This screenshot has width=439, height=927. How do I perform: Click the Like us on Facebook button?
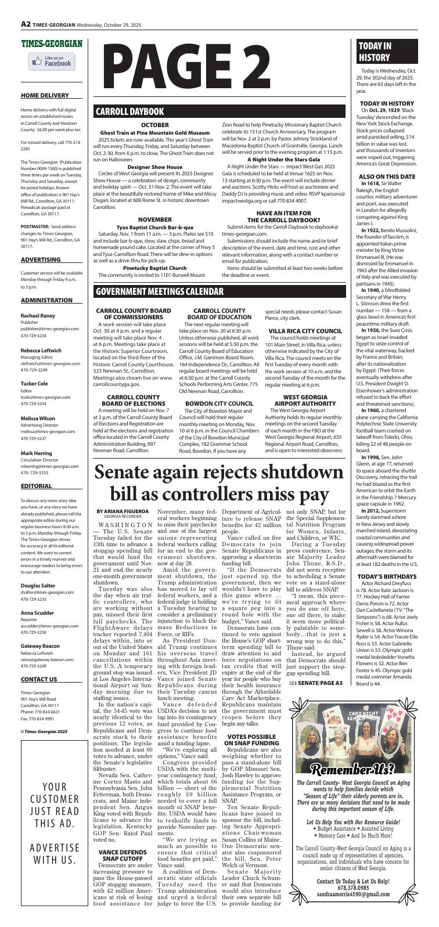(x=52, y=62)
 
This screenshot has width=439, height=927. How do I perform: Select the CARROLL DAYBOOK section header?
(x=130, y=112)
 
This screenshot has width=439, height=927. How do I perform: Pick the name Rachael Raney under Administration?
(x=38, y=316)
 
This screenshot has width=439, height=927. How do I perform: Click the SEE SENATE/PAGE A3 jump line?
(x=315, y=684)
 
